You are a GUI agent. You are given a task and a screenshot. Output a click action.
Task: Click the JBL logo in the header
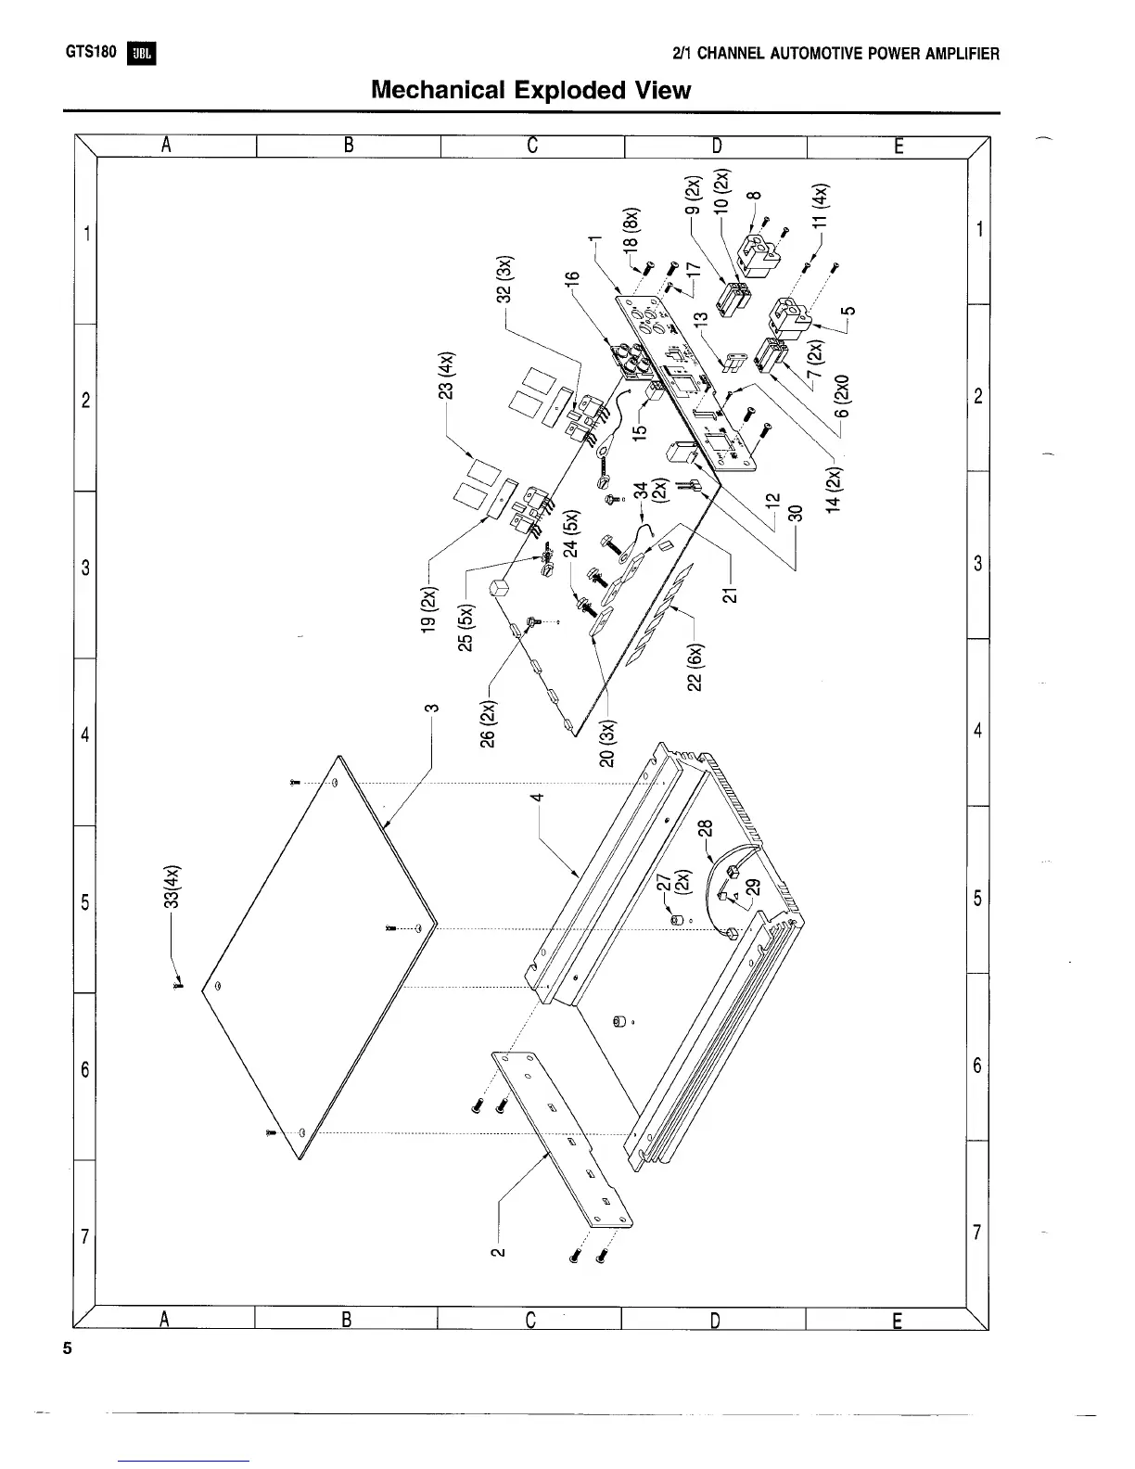click(144, 54)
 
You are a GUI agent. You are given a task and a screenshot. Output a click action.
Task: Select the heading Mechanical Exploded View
click(530, 90)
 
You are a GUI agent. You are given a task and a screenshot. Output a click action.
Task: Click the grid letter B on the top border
click(349, 145)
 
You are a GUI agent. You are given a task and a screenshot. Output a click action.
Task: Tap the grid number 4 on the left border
click(84, 734)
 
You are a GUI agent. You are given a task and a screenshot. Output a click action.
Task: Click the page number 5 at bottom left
click(67, 1348)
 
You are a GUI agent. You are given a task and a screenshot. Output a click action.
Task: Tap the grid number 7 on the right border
click(977, 1232)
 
